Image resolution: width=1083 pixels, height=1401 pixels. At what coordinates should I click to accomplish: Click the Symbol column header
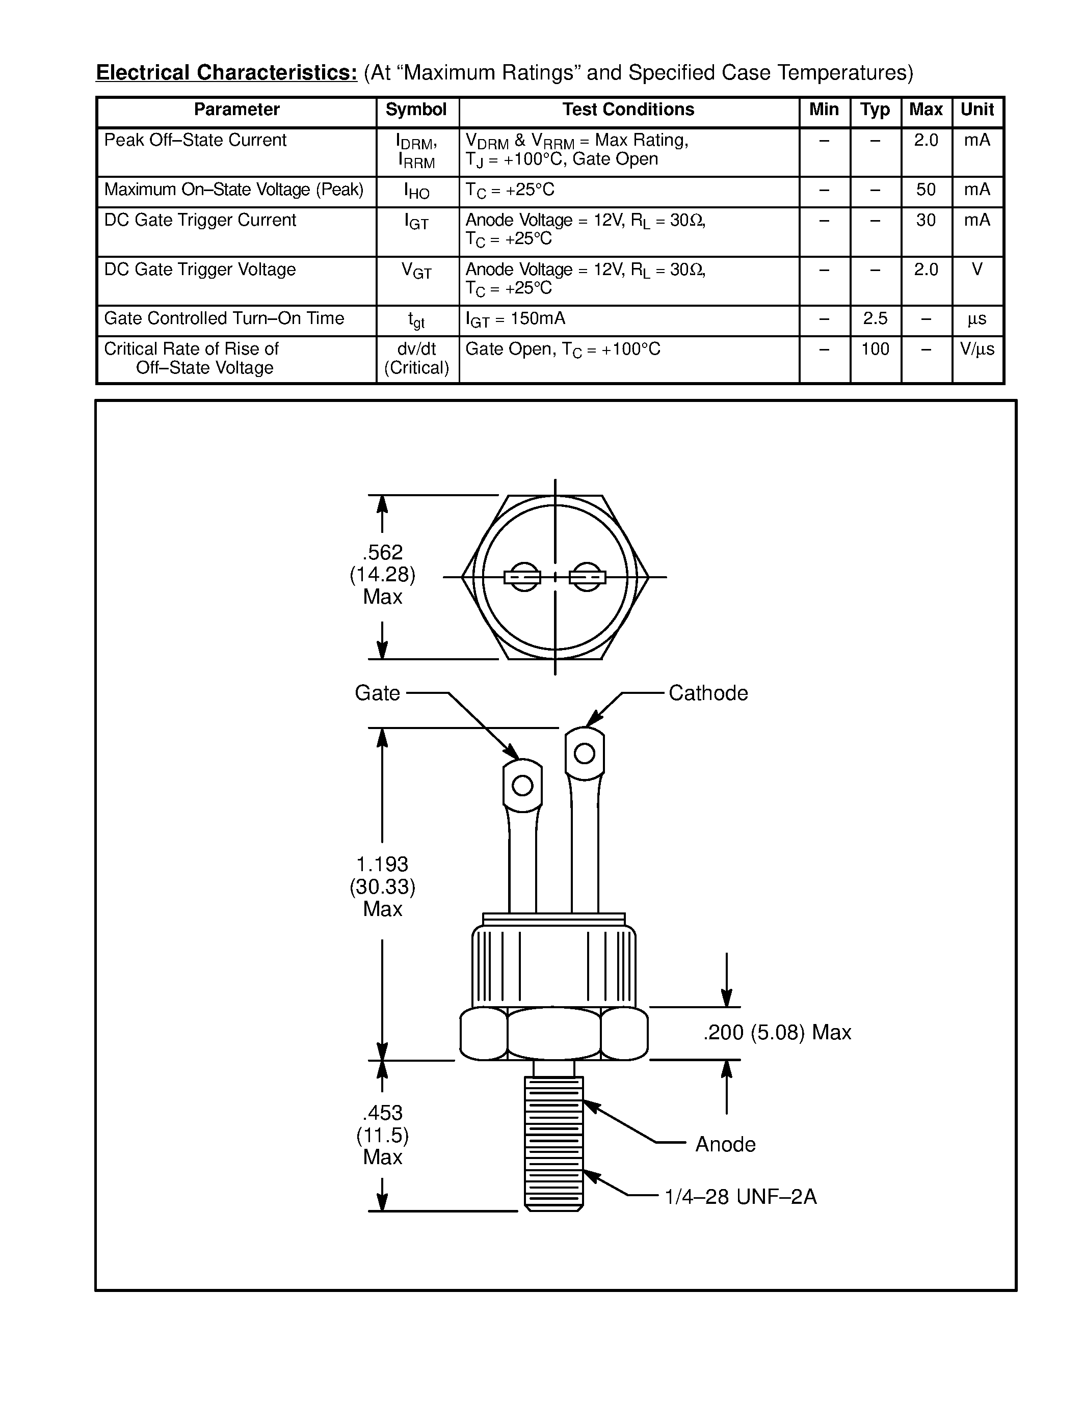[x=416, y=110]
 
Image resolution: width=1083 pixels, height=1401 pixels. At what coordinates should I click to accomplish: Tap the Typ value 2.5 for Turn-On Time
[x=875, y=319]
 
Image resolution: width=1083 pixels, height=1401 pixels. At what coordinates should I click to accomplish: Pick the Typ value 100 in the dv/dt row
[x=875, y=349]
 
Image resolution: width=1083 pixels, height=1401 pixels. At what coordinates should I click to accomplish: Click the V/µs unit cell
[x=976, y=349]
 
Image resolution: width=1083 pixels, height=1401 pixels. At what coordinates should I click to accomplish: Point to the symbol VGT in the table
[x=416, y=271]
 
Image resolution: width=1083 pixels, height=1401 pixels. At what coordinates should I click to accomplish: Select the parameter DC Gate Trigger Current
[x=200, y=220]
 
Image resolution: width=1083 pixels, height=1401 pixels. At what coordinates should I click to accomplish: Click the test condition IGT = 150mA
[x=515, y=319]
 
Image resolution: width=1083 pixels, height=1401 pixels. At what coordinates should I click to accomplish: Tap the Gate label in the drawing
[x=377, y=693]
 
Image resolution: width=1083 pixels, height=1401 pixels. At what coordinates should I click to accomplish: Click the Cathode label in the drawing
[x=708, y=693]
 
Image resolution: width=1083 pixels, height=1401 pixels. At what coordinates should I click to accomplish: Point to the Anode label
[x=725, y=1144]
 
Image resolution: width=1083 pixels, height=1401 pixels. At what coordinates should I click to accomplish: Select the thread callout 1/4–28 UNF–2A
[x=741, y=1197]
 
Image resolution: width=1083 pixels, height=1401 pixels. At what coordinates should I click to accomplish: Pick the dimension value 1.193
[x=382, y=864]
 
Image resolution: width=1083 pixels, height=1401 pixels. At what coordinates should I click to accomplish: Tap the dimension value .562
[x=382, y=552]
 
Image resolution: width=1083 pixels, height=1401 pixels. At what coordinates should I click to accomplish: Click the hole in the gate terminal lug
[x=522, y=785]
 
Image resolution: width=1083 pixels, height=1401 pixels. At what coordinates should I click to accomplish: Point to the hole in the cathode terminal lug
[x=584, y=753]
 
